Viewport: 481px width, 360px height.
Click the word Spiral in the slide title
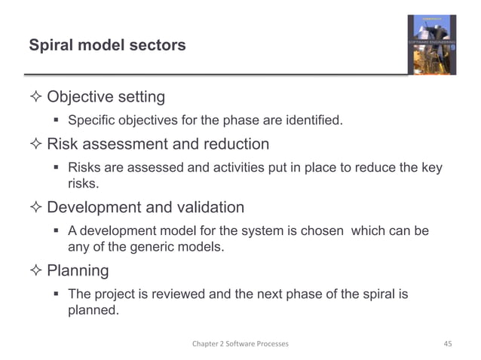pos(48,46)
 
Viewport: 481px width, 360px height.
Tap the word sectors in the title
pos(157,46)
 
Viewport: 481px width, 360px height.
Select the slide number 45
pos(448,343)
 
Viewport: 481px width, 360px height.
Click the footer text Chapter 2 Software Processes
pos(240,343)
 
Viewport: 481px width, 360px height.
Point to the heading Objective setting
pos(106,98)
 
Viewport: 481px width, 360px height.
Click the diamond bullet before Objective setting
pos(36,98)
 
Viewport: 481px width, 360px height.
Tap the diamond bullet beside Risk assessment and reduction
pos(36,145)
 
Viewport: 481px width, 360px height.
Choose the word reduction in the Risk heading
pos(234,145)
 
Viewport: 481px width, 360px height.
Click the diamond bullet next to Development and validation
pos(36,207)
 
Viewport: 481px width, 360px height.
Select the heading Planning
pos(78,270)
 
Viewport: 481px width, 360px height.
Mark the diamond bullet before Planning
pos(36,270)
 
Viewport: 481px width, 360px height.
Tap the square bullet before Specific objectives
pos(57,121)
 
